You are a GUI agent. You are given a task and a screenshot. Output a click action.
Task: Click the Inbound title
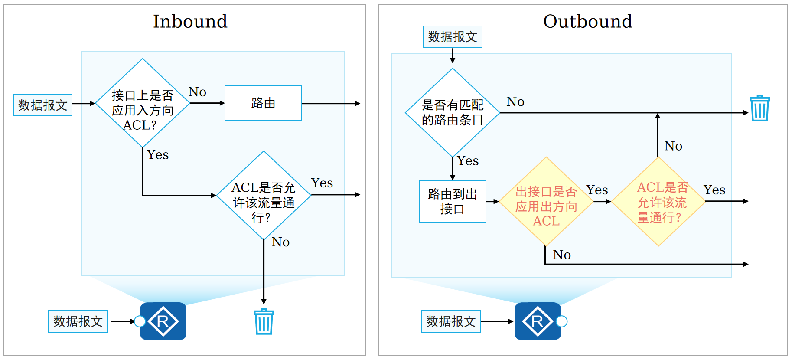tap(190, 21)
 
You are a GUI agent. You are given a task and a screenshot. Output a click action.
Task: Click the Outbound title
tap(587, 21)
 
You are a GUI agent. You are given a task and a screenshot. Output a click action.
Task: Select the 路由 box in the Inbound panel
tap(263, 103)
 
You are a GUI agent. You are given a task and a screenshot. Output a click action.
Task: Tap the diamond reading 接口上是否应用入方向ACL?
tap(142, 104)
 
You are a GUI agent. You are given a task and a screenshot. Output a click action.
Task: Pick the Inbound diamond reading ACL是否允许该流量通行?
tap(264, 196)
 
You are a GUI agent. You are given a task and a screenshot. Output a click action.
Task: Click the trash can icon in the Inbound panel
tap(264, 322)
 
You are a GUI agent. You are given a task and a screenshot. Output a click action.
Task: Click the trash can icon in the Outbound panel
tap(759, 108)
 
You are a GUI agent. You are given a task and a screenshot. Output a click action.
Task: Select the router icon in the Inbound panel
tap(163, 321)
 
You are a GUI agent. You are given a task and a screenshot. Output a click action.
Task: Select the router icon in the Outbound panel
tap(537, 321)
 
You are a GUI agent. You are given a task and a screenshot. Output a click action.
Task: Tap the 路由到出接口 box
tap(452, 202)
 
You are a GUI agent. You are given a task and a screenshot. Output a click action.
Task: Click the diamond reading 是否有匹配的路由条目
tap(452, 113)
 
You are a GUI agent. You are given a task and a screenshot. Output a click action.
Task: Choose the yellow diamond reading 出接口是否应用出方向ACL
tap(546, 202)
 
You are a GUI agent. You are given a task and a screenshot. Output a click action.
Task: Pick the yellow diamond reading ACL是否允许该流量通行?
tap(658, 202)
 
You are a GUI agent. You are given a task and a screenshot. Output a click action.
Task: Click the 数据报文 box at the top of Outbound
tap(452, 37)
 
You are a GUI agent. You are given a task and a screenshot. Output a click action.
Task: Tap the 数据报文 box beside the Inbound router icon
tap(78, 321)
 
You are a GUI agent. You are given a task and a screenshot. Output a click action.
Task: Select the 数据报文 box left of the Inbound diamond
tap(42, 105)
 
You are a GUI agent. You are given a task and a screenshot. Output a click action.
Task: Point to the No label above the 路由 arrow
tap(197, 92)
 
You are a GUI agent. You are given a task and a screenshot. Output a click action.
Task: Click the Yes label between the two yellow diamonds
tap(597, 190)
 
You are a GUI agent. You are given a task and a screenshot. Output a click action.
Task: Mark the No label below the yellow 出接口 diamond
tap(562, 255)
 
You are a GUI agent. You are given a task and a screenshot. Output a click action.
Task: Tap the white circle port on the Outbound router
tap(562, 321)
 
